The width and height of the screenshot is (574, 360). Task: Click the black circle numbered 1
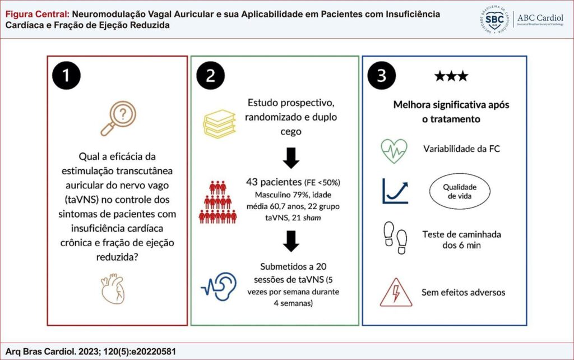coord(66,76)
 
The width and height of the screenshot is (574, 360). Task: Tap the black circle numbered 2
coord(211,76)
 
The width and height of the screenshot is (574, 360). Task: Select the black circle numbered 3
coord(381,76)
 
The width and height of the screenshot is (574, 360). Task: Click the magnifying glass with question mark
coord(118,118)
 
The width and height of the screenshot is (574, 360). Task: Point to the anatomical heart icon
coord(113,289)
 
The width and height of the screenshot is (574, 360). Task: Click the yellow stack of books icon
coord(219,124)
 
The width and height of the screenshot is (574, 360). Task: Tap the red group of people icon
coord(218,202)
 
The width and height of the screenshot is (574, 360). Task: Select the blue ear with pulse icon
coord(219,287)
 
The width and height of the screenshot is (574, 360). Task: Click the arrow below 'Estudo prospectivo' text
coord(291,158)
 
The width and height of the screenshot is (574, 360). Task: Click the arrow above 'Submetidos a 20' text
coord(291,241)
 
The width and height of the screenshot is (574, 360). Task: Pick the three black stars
coord(451,76)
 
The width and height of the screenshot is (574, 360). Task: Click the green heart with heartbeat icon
coord(394,151)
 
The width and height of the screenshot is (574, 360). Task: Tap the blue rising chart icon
coord(395,191)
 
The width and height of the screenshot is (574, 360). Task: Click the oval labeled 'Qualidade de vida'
coord(460,191)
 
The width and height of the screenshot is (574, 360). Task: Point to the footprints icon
coord(395,238)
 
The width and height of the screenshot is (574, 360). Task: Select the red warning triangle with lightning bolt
coord(396,292)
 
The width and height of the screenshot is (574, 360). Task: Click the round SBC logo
coord(494,20)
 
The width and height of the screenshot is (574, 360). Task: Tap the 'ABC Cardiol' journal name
coord(540,17)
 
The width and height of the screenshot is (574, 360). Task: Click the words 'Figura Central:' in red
coord(38,14)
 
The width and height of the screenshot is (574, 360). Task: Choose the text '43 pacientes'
coord(274,182)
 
